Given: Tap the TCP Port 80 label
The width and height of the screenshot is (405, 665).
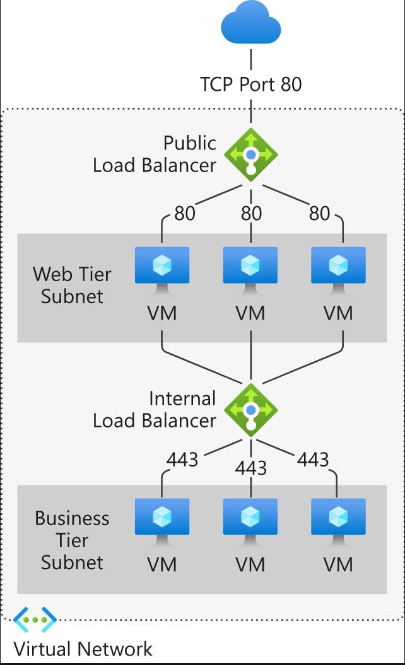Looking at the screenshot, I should pyautogui.click(x=251, y=84).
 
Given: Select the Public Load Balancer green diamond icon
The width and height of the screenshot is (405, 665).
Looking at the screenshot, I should pyautogui.click(x=251, y=154).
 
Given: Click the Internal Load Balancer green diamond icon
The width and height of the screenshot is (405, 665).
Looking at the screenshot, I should pyautogui.click(x=251, y=410).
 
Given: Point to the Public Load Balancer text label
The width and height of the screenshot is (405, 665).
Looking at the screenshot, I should pyautogui.click(x=155, y=154).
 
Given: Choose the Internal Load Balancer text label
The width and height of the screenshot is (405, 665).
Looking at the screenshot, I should pyautogui.click(x=155, y=410).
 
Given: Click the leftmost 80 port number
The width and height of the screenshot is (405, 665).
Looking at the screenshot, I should pyautogui.click(x=184, y=214).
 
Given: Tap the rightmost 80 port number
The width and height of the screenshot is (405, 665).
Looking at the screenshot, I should pyautogui.click(x=319, y=214).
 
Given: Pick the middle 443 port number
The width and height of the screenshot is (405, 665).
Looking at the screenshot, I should pyautogui.click(x=251, y=468).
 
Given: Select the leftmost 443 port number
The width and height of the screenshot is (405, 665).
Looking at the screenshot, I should pyautogui.click(x=182, y=460).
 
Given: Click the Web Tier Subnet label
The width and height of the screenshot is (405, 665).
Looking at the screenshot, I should pyautogui.click(x=72, y=286).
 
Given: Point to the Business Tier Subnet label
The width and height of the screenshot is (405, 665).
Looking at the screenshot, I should pyautogui.click(x=72, y=540).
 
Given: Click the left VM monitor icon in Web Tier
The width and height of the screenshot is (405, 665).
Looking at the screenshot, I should pyautogui.click(x=162, y=269).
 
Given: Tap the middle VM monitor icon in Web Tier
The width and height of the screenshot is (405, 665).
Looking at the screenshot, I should pyautogui.click(x=250, y=269).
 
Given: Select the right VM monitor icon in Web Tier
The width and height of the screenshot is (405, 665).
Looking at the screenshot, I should pyautogui.click(x=339, y=269).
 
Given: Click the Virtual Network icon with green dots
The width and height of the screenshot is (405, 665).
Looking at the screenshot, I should pyautogui.click(x=35, y=620).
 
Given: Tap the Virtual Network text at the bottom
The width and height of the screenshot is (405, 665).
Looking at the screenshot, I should pyautogui.click(x=83, y=649).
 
